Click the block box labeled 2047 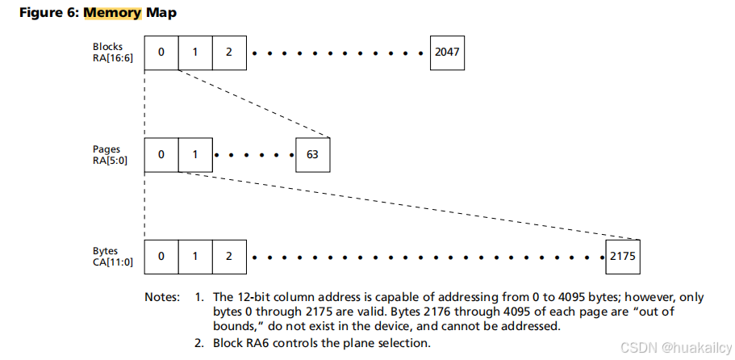[x=448, y=52]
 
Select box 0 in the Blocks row [x=161, y=52]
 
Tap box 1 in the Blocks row [x=195, y=52]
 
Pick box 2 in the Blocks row [x=229, y=52]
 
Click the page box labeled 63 [x=313, y=154]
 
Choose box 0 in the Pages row [x=161, y=154]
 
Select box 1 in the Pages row [x=195, y=154]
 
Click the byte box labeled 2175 [x=621, y=257]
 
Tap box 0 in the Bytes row [x=161, y=257]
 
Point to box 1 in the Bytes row [x=195, y=257]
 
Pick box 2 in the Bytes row [x=229, y=257]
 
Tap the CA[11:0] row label [x=112, y=262]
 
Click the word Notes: [x=162, y=296]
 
